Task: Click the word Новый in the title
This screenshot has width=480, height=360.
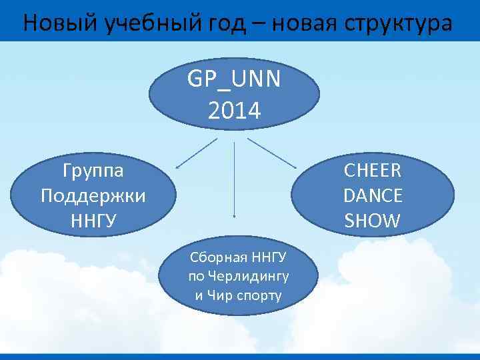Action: (60, 23)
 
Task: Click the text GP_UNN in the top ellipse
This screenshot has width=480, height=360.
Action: (234, 80)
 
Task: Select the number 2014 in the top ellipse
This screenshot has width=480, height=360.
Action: (234, 110)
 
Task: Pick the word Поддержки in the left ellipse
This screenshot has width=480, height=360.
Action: (93, 195)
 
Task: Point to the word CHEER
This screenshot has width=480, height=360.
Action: (373, 171)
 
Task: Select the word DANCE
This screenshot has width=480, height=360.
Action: (373, 195)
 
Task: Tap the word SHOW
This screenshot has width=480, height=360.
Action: (373, 221)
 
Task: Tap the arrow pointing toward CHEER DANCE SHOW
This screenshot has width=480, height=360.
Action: (271, 153)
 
